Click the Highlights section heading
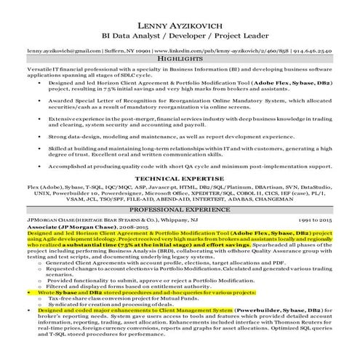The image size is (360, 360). pos(180,61)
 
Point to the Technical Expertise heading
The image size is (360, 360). pos(180,177)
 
